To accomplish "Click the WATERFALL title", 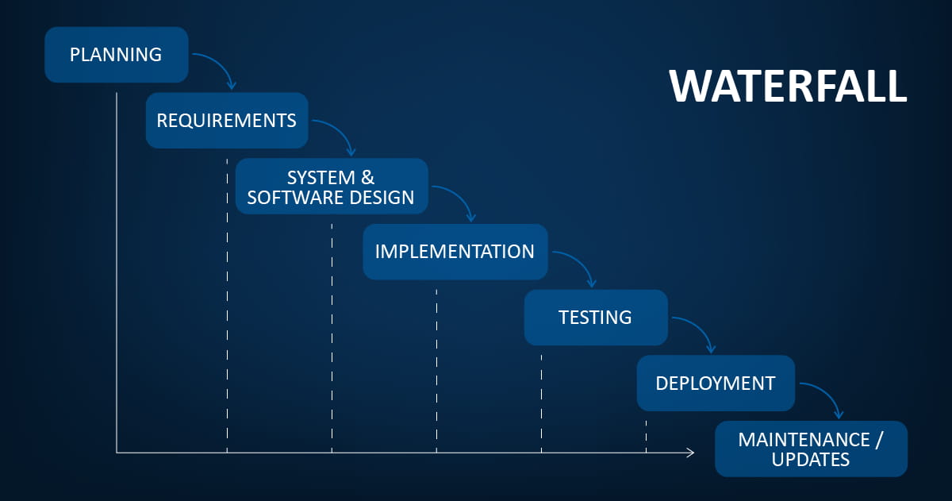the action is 788,87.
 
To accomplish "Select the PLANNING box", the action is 117,55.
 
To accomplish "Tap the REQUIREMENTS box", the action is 227,121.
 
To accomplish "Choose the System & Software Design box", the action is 332,187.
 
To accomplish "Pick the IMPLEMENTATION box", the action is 455,252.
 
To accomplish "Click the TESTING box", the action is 596,318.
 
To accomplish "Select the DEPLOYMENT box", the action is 716,383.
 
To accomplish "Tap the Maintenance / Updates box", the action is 811,449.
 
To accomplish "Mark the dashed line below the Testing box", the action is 541,403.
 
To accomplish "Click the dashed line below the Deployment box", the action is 646,437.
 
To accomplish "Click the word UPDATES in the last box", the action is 811,460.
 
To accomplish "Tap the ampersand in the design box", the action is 367,178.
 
